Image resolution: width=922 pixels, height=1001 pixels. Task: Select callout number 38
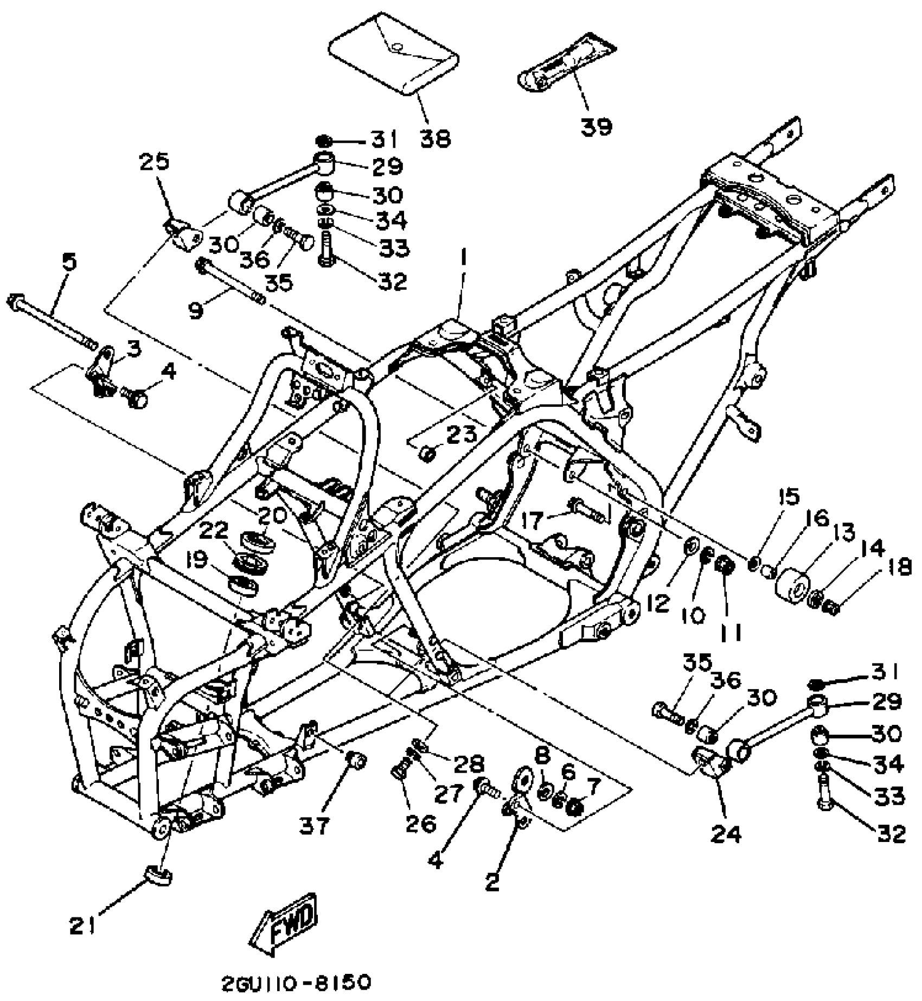tap(435, 139)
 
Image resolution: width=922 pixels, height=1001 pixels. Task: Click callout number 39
tap(597, 126)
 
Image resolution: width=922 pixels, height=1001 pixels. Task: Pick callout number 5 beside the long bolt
tap(69, 262)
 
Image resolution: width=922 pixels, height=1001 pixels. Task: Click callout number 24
tap(726, 834)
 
